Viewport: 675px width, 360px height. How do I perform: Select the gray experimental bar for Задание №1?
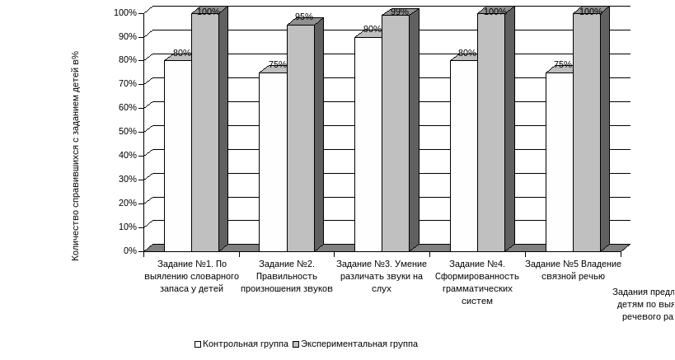click(x=204, y=132)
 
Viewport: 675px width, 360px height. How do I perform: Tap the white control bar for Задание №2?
click(x=273, y=161)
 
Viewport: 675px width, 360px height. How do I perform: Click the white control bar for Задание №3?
click(x=368, y=143)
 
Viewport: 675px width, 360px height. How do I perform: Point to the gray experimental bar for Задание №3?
click(x=395, y=133)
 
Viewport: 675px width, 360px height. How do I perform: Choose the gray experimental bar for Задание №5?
click(x=586, y=132)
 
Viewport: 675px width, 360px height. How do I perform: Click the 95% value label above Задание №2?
click(x=303, y=16)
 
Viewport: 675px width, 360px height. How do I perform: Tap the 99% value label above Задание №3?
click(x=400, y=12)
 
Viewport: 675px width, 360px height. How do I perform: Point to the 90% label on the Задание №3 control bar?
click(x=372, y=30)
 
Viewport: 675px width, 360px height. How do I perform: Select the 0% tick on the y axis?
click(x=130, y=250)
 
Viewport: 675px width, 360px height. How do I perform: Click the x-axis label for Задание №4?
click(x=478, y=283)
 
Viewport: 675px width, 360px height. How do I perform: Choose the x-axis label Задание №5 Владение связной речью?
click(x=574, y=269)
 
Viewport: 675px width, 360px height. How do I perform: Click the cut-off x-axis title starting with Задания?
click(x=644, y=303)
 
